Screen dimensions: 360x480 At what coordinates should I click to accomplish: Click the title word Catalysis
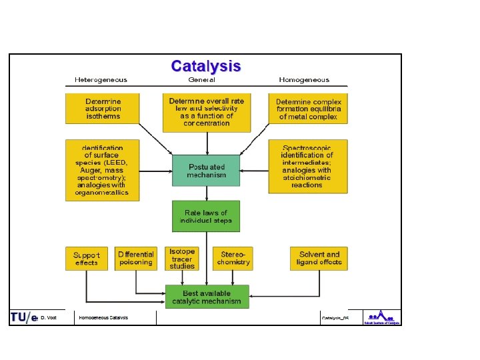(206, 66)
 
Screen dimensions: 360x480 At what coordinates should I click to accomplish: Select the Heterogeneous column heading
(101, 80)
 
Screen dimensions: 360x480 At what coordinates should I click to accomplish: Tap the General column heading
(202, 80)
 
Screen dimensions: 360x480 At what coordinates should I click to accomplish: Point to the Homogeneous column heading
(304, 80)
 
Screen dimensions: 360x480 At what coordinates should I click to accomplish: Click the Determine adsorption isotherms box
(103, 108)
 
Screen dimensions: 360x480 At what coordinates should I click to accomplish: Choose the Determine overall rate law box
(207, 112)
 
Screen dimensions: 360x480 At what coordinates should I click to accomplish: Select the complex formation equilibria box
(308, 109)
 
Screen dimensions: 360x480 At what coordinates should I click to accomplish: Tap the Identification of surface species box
(103, 169)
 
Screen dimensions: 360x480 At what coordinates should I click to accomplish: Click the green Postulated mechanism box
(206, 170)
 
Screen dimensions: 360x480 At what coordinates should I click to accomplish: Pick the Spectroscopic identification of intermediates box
(308, 166)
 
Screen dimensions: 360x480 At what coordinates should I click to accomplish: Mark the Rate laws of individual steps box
(206, 216)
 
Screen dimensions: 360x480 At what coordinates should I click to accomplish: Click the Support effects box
(87, 258)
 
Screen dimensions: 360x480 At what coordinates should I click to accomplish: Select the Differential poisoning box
(135, 258)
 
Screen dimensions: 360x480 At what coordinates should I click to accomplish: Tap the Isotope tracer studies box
(183, 258)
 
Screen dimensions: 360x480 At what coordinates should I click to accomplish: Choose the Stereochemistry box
(233, 258)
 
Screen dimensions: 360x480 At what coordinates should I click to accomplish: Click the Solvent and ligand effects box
(319, 258)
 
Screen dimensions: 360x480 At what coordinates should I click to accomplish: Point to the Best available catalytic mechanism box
(207, 297)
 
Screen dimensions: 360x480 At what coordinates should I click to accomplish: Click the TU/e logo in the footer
(24, 317)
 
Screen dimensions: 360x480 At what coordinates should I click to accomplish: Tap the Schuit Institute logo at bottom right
(382, 317)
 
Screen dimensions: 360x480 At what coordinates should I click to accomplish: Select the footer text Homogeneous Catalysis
(103, 318)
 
